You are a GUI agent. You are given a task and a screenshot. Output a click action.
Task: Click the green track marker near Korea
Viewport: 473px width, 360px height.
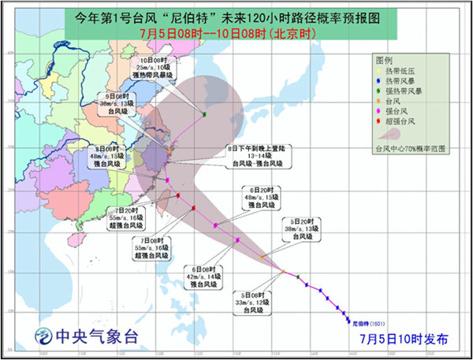(204, 115)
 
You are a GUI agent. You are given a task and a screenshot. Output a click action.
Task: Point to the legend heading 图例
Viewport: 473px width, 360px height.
(385, 60)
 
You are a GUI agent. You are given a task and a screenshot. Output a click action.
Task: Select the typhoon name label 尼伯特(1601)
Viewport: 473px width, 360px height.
(369, 323)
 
